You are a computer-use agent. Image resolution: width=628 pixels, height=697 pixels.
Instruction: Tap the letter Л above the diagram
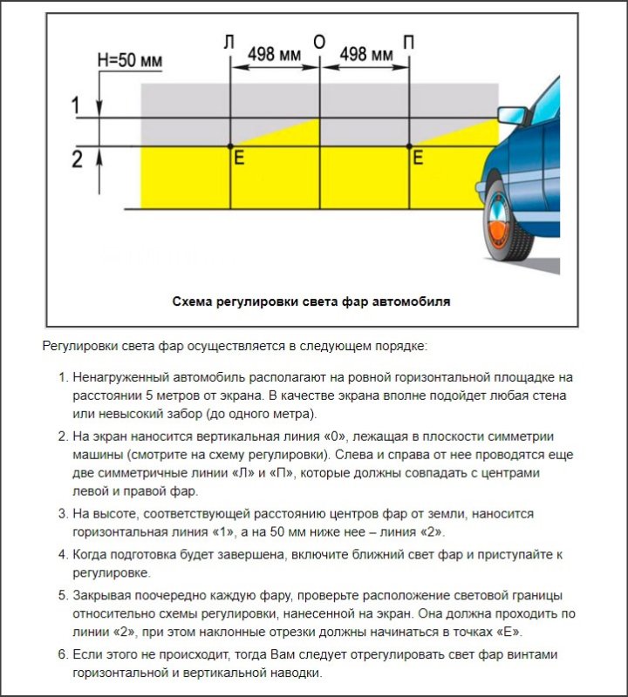pos(229,43)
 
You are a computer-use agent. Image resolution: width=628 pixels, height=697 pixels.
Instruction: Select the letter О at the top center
pos(319,43)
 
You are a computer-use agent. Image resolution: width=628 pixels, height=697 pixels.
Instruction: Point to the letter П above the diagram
pos(409,43)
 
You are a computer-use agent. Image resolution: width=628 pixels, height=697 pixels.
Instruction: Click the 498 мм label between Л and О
pos(274,54)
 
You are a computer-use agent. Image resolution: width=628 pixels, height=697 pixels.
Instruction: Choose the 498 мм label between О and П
pos(365,54)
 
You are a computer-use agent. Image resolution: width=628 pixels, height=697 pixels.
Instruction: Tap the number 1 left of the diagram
pos(77,105)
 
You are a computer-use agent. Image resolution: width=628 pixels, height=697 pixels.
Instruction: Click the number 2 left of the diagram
pos(77,159)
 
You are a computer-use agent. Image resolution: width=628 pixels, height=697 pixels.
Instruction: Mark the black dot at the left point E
pos(230,145)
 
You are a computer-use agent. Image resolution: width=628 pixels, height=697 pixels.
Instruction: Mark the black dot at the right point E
pos(409,145)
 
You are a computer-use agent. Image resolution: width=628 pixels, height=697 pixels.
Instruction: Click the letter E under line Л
pos(239,159)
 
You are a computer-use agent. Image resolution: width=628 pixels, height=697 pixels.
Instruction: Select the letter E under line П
pos(418,159)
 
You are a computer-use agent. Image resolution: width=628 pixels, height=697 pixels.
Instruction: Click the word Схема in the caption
pos(194,301)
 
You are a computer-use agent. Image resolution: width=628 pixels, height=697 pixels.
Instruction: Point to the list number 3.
pos(62,513)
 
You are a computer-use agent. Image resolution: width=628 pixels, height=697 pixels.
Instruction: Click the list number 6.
pos(62,653)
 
